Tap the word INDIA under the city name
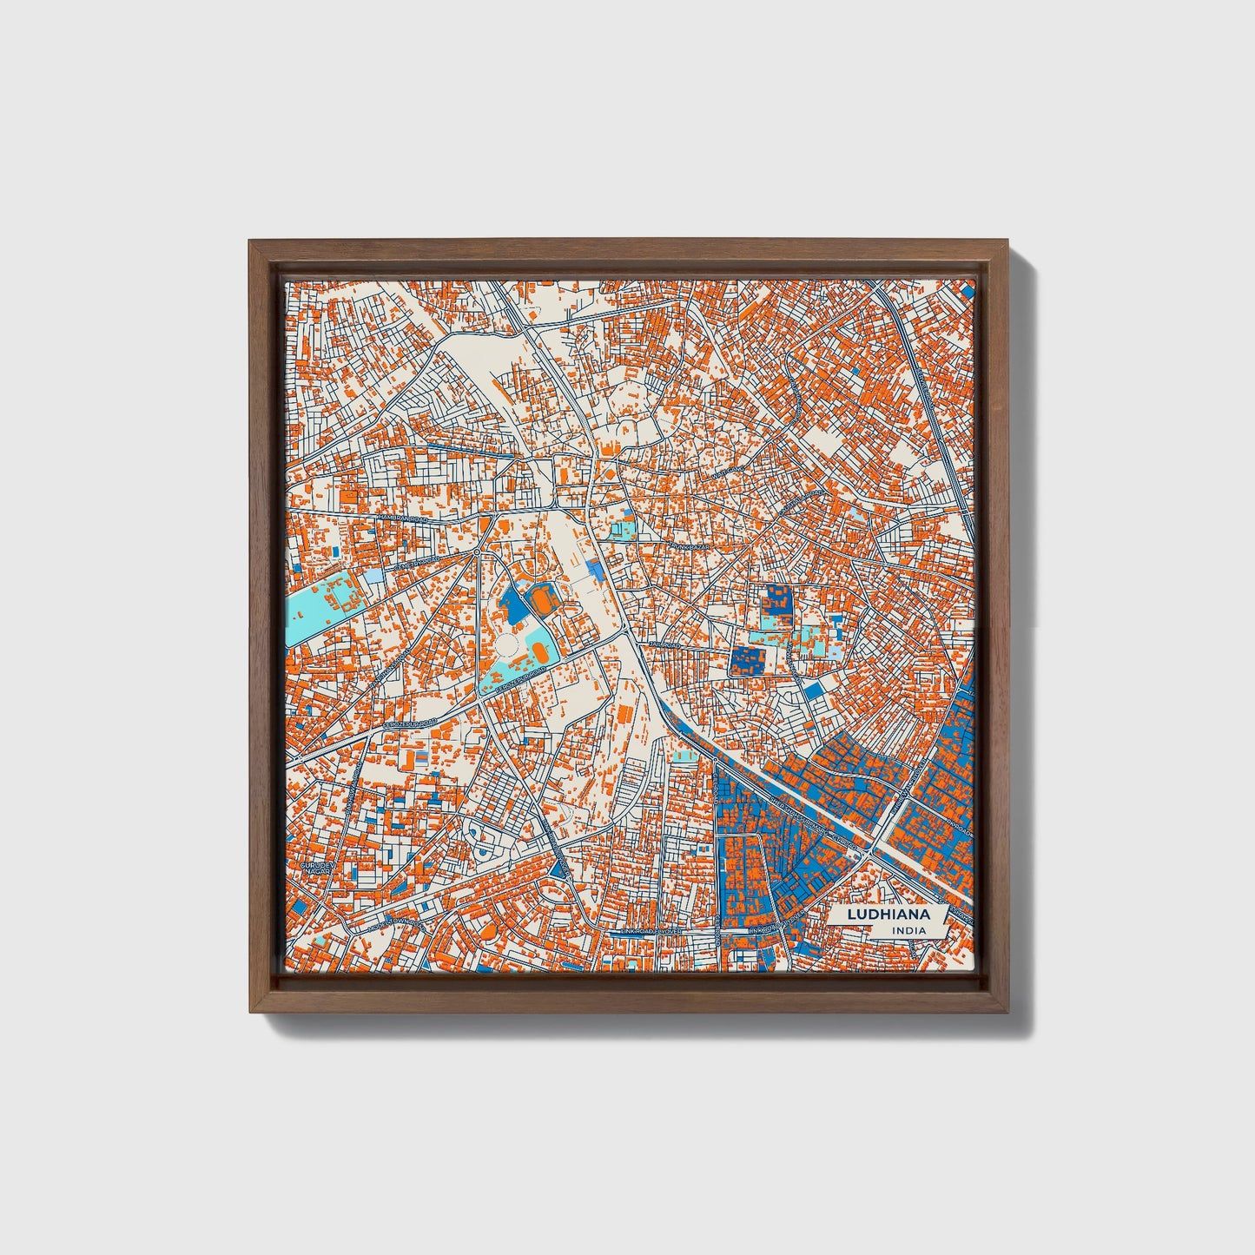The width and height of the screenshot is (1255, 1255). coord(908,931)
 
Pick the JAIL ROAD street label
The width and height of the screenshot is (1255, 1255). coord(663,644)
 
